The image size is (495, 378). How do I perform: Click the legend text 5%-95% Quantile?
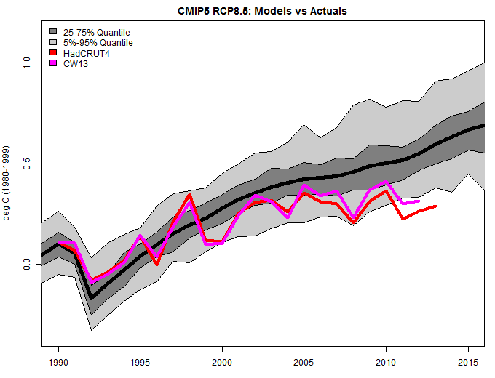[x=98, y=43]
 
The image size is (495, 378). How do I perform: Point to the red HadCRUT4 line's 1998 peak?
[x=189, y=195]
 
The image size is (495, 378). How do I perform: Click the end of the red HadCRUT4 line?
[x=435, y=206]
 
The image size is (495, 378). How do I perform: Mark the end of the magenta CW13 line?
[x=419, y=201]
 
